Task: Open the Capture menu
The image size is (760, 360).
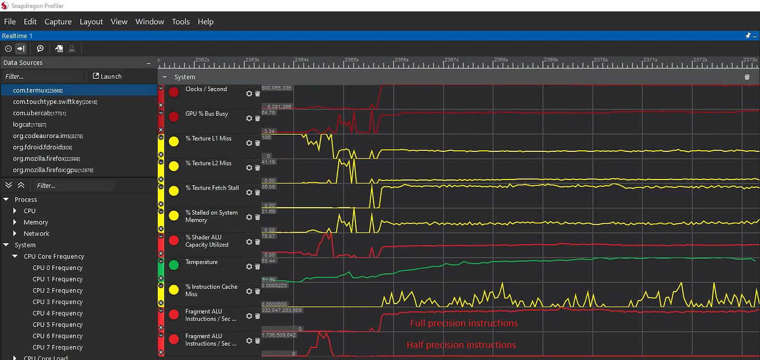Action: click(58, 21)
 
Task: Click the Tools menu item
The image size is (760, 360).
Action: click(181, 21)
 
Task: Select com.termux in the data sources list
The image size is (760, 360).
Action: click(38, 90)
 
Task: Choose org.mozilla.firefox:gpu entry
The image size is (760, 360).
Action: click(46, 170)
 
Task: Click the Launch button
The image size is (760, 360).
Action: click(107, 76)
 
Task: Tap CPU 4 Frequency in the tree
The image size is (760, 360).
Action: click(57, 313)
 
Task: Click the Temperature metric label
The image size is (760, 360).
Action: click(201, 262)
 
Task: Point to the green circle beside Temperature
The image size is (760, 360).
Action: click(174, 265)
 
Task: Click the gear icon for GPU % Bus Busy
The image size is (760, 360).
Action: click(249, 118)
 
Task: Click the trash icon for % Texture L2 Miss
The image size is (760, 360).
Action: click(257, 167)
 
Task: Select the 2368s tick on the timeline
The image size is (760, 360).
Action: click(501, 60)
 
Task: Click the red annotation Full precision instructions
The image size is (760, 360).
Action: click(464, 323)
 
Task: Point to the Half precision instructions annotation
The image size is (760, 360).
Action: click(461, 345)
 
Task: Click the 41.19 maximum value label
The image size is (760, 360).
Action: click(268, 162)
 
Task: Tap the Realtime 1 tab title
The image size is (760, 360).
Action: click(17, 35)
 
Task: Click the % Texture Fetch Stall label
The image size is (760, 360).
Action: click(212, 188)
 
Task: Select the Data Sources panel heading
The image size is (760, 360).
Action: click(23, 63)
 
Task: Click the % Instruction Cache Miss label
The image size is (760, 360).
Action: click(211, 290)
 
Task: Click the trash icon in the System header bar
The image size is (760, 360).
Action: click(747, 77)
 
